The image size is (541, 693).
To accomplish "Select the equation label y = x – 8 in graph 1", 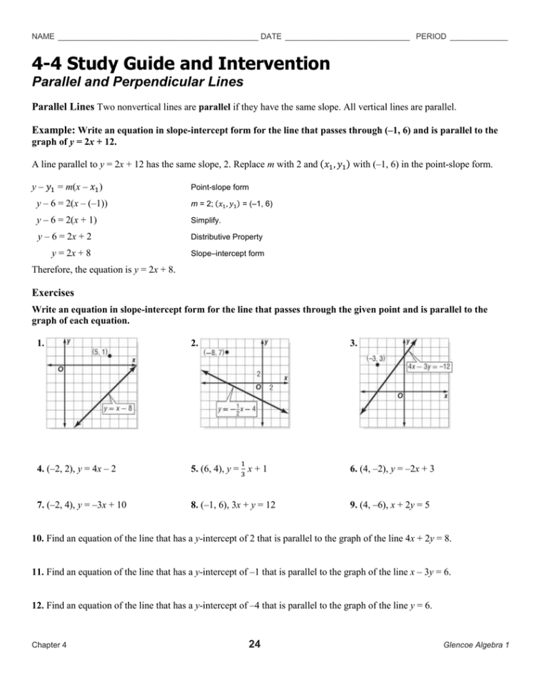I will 119,409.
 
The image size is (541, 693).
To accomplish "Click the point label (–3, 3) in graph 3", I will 376,358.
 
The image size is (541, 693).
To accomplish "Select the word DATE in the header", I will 271,36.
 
